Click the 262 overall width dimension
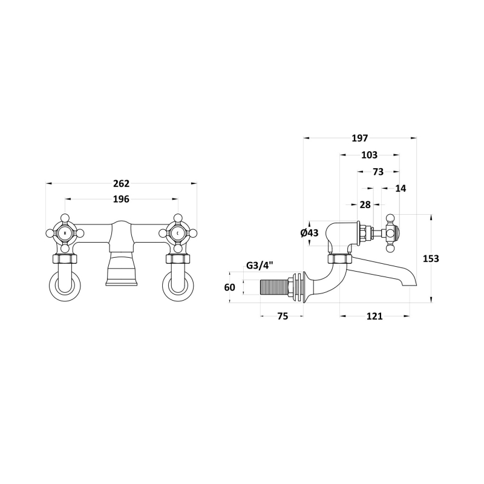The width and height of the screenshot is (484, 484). (x=122, y=184)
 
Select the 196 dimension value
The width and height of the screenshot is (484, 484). (x=121, y=199)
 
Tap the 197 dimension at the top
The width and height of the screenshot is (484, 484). (x=359, y=139)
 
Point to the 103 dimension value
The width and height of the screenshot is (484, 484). (x=369, y=155)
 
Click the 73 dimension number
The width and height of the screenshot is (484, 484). (x=378, y=172)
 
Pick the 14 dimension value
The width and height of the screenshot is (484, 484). (x=401, y=188)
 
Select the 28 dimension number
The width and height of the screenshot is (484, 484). (x=365, y=204)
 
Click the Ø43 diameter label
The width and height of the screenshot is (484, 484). (x=309, y=233)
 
